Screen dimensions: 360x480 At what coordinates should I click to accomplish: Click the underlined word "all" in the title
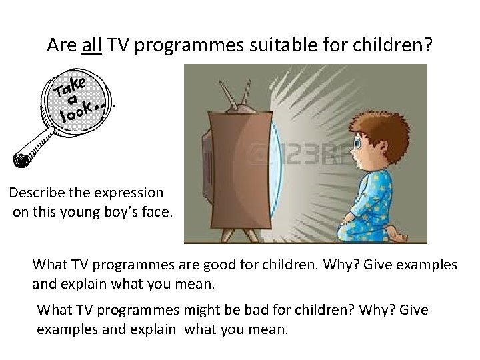point(91,45)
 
